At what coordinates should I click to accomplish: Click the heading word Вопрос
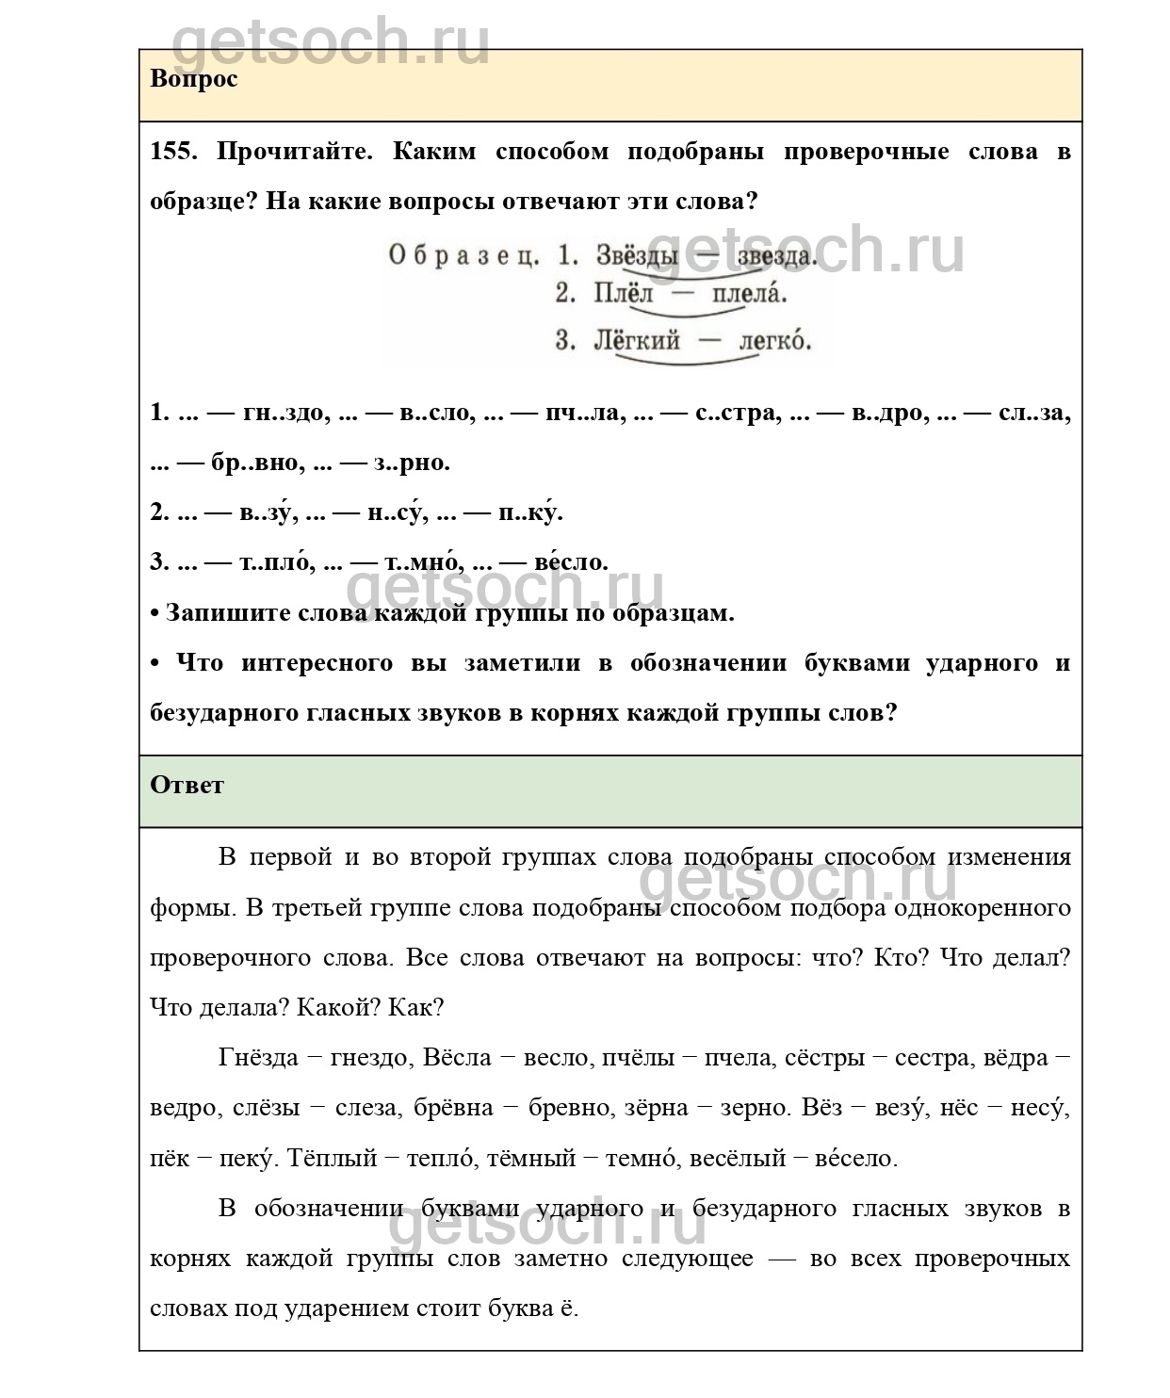pyautogui.click(x=193, y=78)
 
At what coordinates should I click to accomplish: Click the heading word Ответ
pyautogui.click(x=187, y=785)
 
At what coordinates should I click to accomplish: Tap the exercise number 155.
pyautogui.click(x=173, y=152)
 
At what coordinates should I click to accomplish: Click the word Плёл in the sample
pyautogui.click(x=623, y=294)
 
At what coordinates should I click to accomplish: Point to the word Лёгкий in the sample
pyautogui.click(x=636, y=340)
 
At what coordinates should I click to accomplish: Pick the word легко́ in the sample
pyautogui.click(x=774, y=340)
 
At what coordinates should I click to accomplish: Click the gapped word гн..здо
pyautogui.click(x=283, y=413)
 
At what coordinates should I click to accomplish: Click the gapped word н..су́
pyautogui.click(x=395, y=512)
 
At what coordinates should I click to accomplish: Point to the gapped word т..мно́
pyautogui.click(x=422, y=562)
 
